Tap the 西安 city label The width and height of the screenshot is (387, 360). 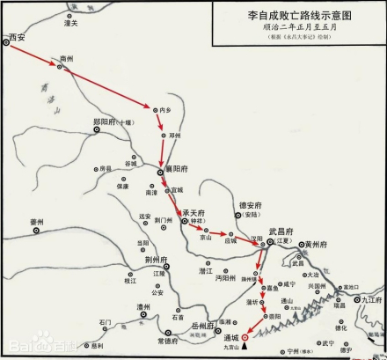point(17,36)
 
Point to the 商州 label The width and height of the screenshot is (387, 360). point(65,58)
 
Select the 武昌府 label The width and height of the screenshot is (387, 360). point(282,230)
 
